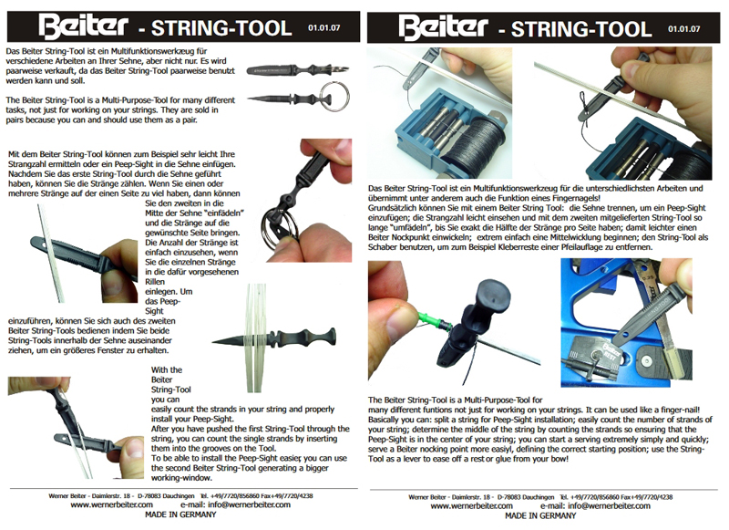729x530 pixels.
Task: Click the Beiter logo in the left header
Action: tap(83, 27)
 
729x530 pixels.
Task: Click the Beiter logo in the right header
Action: tap(443, 27)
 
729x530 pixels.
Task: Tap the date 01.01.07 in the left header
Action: tap(323, 28)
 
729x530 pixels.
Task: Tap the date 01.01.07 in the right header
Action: tap(684, 29)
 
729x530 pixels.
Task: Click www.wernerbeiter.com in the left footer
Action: tap(111, 504)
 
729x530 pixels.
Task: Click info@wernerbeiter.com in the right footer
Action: tap(609, 505)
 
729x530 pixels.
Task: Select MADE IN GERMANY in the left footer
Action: tap(180, 514)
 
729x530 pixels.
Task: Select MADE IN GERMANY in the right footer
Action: tap(540, 515)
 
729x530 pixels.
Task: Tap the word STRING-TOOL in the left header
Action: tap(221, 28)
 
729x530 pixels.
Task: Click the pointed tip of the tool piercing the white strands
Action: tap(213, 342)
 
